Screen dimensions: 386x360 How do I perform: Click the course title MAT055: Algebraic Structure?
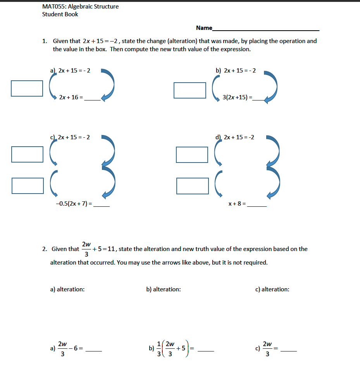(80, 7)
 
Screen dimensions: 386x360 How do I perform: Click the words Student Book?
(60, 14)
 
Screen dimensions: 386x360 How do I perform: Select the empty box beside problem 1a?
(27, 88)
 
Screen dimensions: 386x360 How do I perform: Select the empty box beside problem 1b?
(189, 90)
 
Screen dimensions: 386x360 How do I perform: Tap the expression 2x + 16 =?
(71, 98)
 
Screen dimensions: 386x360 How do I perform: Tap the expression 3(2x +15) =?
(237, 97)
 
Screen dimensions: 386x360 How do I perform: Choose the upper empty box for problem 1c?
(27, 154)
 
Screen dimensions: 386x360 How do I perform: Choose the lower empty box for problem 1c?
(27, 185)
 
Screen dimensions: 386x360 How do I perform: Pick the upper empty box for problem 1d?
(192, 155)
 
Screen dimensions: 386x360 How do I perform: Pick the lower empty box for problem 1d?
(192, 186)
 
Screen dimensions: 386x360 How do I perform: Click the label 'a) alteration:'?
(67, 289)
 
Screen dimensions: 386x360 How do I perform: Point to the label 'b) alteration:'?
(163, 289)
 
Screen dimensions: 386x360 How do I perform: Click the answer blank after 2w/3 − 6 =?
(93, 351)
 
